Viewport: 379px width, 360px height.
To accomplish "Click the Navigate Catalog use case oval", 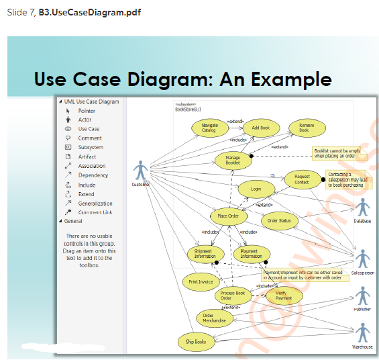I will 209,128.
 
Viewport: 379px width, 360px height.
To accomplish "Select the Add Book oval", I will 260,128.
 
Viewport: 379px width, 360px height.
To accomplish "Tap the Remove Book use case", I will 307,128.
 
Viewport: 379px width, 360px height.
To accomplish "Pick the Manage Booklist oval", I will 233,161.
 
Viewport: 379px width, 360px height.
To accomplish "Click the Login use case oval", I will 256,189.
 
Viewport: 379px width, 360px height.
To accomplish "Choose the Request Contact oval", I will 302,179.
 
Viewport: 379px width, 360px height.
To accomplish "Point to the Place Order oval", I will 228,216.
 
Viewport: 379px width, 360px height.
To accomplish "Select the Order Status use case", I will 279,220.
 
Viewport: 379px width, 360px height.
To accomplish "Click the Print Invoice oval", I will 201,281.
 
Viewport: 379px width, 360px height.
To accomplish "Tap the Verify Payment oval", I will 284,295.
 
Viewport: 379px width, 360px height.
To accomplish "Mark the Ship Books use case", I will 196,341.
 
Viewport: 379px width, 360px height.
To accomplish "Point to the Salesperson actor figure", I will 363,259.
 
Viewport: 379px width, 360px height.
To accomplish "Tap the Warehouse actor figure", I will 363,333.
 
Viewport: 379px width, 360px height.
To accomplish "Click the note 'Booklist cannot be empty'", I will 336,153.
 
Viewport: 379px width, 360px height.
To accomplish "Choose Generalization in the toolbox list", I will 95,204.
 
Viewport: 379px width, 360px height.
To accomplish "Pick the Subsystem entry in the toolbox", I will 91,147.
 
